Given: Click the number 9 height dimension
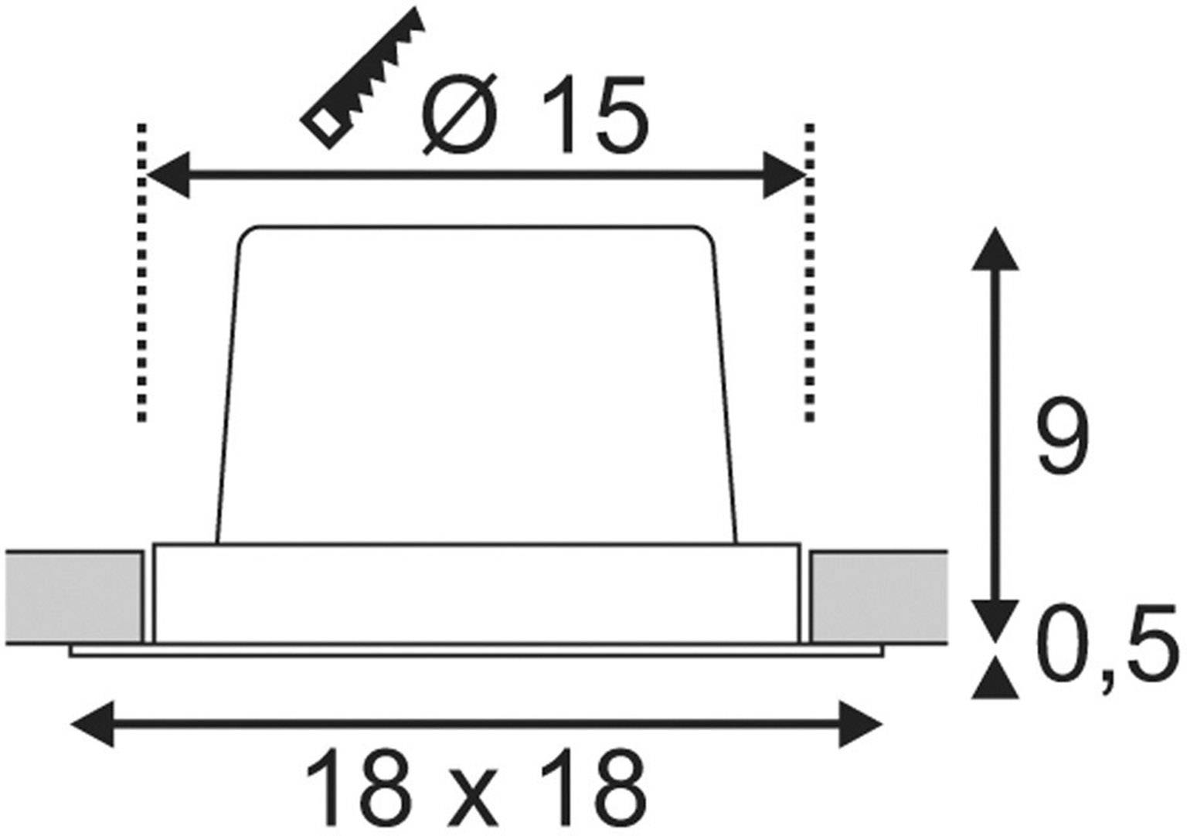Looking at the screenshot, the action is pyautogui.click(x=1063, y=437).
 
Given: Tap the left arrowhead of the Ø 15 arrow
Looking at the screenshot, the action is pyautogui.click(x=167, y=175).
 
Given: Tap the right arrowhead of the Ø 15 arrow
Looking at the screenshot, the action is pyautogui.click(x=784, y=175).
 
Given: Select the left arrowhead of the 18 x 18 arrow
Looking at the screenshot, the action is pyautogui.click(x=91, y=724).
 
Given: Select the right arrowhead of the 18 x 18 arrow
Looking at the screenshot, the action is pyautogui.click(x=859, y=724).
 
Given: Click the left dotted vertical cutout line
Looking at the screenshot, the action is pyautogui.click(x=141, y=270).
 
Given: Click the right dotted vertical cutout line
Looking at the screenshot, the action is pyautogui.click(x=808, y=270).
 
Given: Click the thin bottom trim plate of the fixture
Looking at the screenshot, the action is pyautogui.click(x=475, y=651).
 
